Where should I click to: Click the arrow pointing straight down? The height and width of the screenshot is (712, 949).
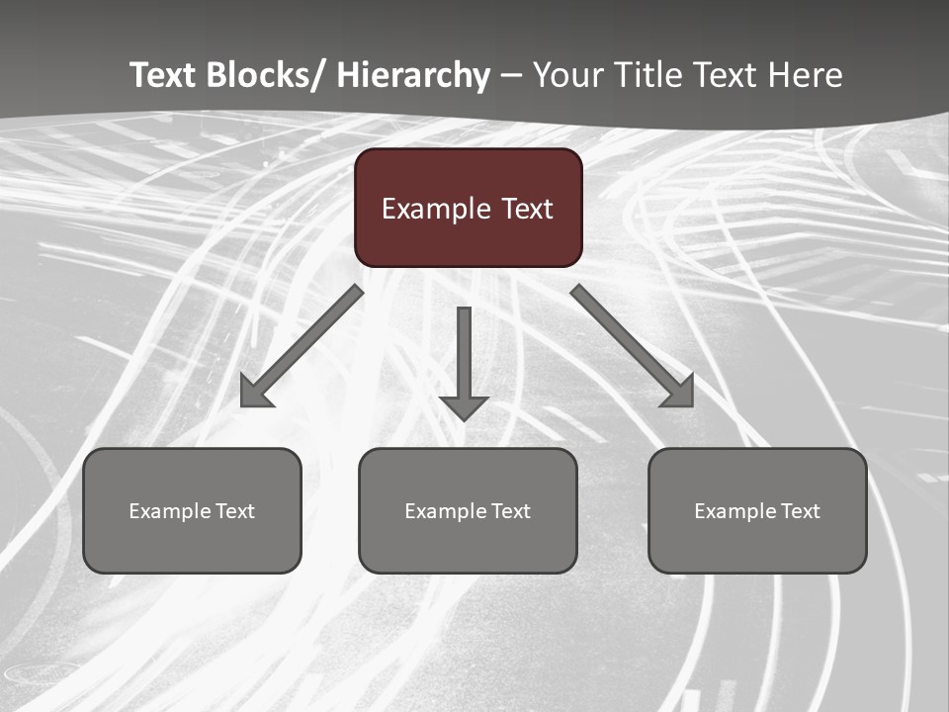point(464,362)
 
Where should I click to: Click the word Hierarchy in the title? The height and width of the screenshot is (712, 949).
point(413,75)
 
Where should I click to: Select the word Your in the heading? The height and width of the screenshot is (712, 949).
point(565,75)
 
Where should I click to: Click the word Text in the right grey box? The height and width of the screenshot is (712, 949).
point(800,511)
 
